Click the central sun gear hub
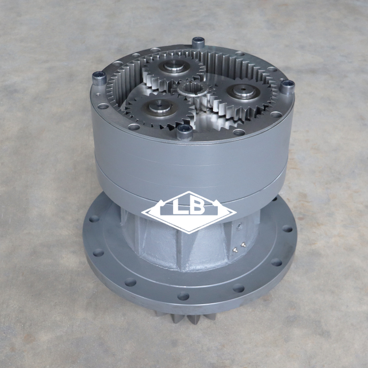pyautogui.click(x=189, y=90)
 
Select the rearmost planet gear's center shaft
pyautogui.click(x=171, y=67)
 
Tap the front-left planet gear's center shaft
pyautogui.click(x=158, y=105)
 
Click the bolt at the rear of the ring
pyautogui.click(x=198, y=42)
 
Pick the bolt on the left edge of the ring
pyautogui.click(x=99, y=77)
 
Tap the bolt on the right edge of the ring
pyautogui.click(x=287, y=87)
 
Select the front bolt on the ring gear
pyautogui.click(x=185, y=132)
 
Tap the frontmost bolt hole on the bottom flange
pyautogui.click(x=183, y=296)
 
